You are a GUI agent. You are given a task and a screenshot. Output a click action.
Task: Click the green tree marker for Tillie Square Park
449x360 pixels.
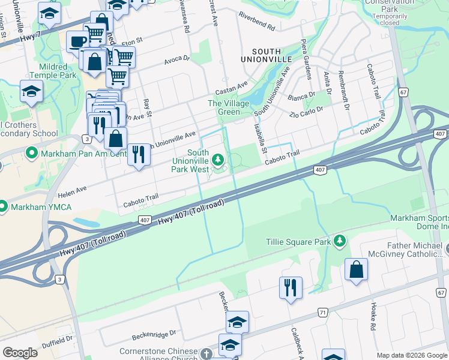coord(340,241)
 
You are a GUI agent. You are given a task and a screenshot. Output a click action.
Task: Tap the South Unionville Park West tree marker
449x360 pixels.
coord(218,160)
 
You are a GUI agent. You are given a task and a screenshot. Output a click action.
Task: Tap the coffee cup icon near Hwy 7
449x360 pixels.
coord(77,41)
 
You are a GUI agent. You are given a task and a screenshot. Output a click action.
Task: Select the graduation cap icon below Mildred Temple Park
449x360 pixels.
coord(31,91)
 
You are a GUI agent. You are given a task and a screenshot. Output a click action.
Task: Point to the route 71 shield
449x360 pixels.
coord(323,313)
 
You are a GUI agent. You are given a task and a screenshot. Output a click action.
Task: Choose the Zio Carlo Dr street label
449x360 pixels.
coord(306,112)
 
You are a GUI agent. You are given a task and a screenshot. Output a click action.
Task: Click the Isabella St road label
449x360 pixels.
coord(259,137)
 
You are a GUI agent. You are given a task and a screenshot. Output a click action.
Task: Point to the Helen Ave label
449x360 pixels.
coord(73,188)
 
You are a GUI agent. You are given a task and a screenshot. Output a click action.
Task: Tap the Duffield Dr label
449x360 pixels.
coord(57,338)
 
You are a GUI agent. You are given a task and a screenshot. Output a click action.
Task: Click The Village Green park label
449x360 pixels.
coord(224,107)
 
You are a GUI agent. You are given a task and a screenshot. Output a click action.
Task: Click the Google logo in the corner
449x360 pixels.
coord(20,352)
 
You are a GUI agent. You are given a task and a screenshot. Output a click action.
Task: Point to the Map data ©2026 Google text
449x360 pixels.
coord(411,355)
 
